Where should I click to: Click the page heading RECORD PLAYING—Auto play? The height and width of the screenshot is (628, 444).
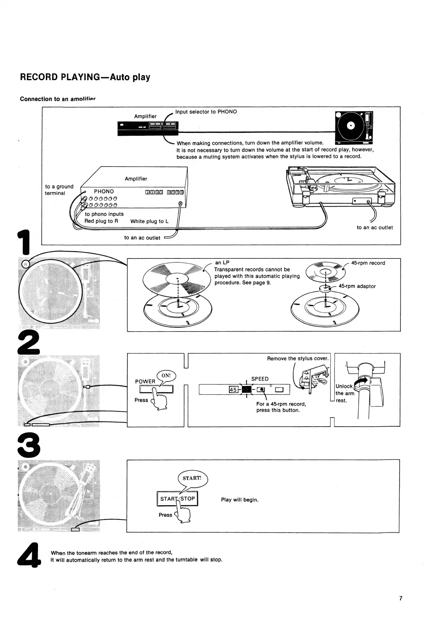[x=85, y=77]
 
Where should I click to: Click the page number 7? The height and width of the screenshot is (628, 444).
[x=401, y=598]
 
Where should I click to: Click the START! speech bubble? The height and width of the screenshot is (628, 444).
[x=192, y=478]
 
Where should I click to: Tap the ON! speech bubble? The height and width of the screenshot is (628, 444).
[x=166, y=376]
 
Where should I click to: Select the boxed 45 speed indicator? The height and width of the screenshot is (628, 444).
[x=233, y=390]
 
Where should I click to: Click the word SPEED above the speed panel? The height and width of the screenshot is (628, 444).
[x=259, y=379]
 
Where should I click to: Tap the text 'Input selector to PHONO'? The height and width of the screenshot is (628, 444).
[x=206, y=112]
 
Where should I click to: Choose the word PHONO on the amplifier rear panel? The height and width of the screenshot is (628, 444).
[x=104, y=191]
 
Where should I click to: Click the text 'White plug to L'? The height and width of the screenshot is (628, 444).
[x=149, y=221]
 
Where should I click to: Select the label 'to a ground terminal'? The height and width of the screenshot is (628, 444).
[x=59, y=189]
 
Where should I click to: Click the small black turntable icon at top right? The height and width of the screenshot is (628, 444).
[x=354, y=127]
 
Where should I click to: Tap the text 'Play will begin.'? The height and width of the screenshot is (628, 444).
[x=239, y=500]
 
